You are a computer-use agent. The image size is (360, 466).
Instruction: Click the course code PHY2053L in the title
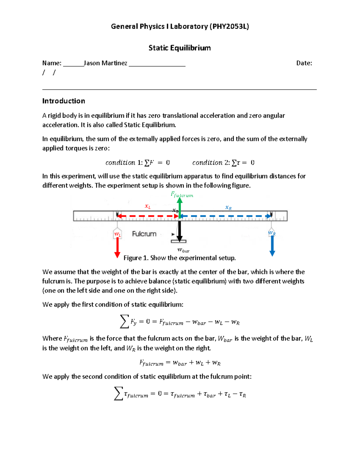click(229, 26)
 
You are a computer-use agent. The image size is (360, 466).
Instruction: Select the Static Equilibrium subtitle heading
click(180, 48)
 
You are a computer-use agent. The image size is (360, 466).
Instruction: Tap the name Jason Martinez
click(105, 63)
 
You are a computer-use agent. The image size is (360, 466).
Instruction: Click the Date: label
click(304, 63)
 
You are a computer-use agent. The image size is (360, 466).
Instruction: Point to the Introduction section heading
click(64, 101)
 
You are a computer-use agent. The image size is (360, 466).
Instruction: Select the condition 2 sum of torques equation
click(223, 163)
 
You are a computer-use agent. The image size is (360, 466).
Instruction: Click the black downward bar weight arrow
click(179, 231)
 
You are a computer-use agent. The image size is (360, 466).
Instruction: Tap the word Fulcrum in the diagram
click(144, 234)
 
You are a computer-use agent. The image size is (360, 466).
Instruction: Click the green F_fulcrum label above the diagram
click(182, 195)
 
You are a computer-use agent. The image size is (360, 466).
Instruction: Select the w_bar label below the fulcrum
click(183, 250)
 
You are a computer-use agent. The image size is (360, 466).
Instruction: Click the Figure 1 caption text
click(179, 258)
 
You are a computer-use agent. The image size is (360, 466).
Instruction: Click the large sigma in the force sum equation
click(124, 321)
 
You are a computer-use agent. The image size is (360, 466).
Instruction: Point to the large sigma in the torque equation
click(118, 393)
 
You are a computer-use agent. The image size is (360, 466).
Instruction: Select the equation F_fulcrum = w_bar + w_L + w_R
click(180, 363)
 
